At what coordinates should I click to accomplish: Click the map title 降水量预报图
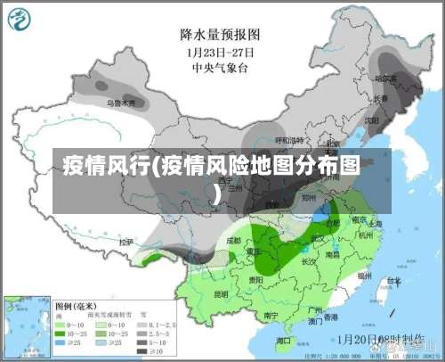[x=220, y=34]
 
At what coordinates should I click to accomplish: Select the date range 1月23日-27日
[x=220, y=52]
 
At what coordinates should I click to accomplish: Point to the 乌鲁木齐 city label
[x=122, y=103]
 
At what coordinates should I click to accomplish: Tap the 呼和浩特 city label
[x=289, y=140]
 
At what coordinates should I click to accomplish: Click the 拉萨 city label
[x=125, y=241]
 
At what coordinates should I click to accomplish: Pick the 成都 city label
[x=233, y=239]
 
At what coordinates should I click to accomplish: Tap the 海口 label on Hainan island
[x=283, y=340]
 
